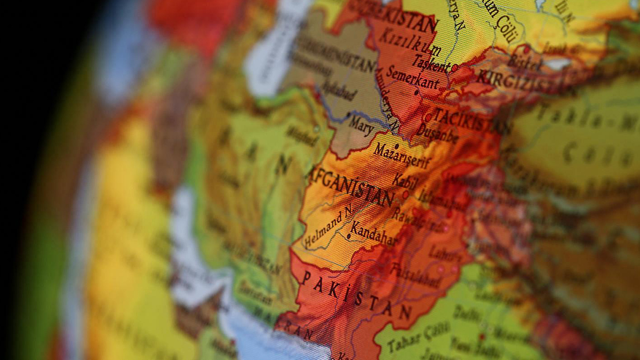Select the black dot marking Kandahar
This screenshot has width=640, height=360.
349,236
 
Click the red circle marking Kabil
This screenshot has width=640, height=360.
405,195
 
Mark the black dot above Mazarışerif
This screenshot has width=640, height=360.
396,146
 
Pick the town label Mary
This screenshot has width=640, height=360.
361,126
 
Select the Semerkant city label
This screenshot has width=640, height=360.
413,78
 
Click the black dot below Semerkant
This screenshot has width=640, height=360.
417,92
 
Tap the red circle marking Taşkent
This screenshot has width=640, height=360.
455,68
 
